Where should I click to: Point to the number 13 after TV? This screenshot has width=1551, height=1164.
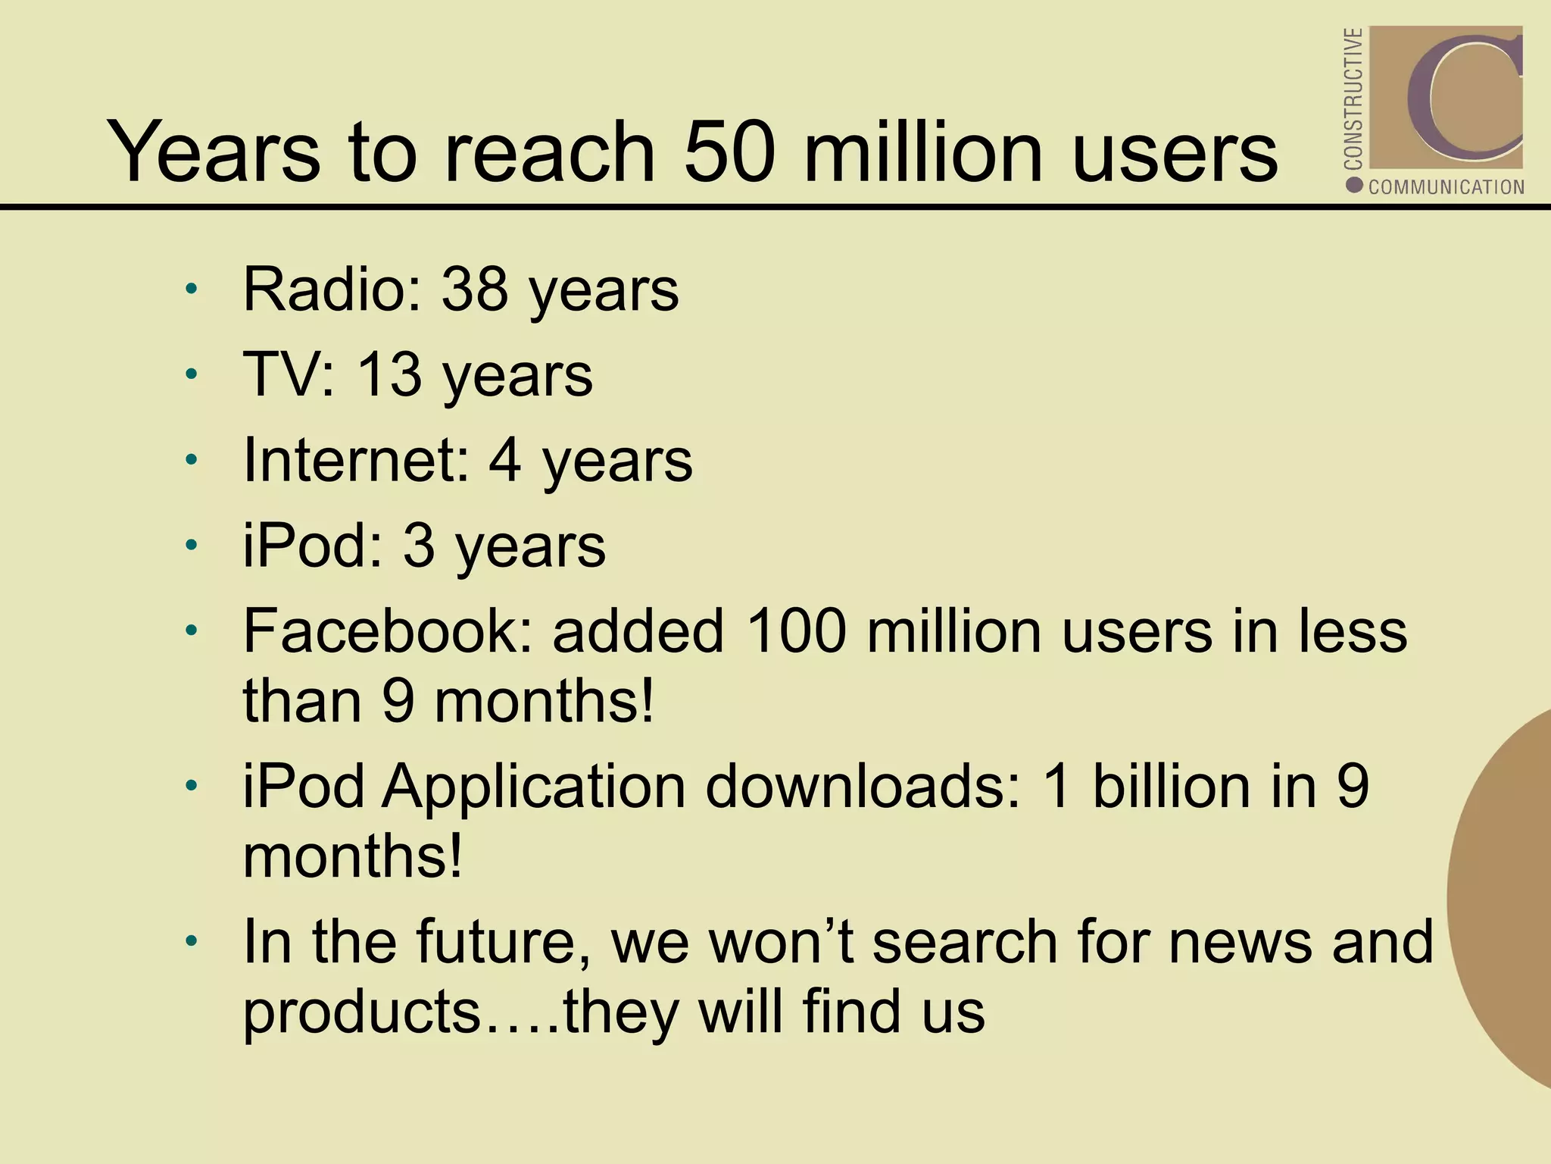389,374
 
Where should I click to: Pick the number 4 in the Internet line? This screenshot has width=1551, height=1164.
505,460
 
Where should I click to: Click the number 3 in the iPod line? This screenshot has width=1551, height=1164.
419,546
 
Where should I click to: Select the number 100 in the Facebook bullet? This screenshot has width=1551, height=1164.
795,631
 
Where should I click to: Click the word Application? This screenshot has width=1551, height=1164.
534,786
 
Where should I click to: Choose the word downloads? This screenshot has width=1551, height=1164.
863,786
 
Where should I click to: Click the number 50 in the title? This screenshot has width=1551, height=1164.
729,151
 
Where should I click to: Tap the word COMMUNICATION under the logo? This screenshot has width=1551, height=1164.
1446,187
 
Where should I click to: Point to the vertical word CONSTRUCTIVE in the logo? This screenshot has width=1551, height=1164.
1353,99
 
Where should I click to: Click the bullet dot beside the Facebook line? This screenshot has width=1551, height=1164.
192,630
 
